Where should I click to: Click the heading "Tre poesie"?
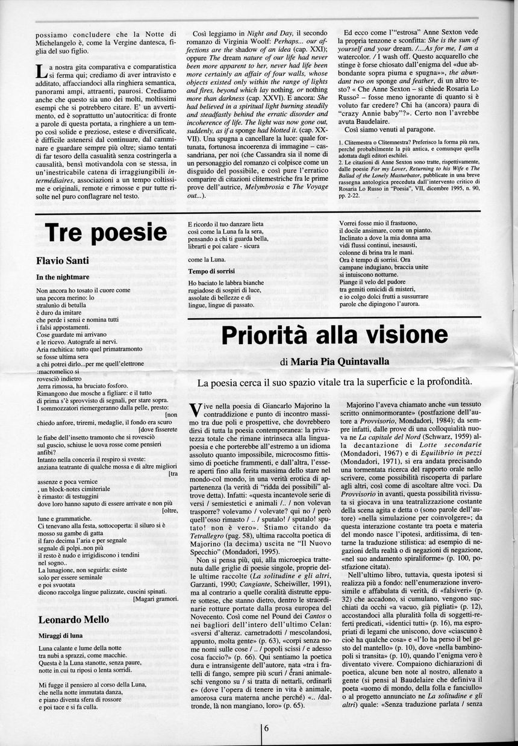[x=106, y=233]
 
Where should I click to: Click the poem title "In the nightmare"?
[x=63, y=277]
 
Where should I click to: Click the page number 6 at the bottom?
[x=266, y=727]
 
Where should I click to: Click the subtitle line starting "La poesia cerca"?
[x=334, y=381]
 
